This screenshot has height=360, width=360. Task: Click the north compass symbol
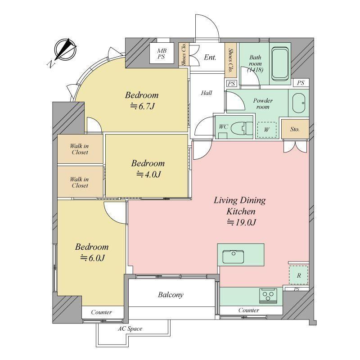click(65, 50)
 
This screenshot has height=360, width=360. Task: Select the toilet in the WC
click(242, 128)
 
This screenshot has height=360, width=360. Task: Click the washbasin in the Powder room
click(299, 103)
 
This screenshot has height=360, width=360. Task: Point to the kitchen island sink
click(233, 256)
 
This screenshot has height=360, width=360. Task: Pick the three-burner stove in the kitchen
click(268, 296)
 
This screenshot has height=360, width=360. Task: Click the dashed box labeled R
click(298, 275)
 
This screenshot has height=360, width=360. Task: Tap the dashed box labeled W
click(266, 130)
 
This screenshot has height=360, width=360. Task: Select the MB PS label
click(162, 54)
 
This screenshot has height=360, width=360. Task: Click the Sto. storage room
click(295, 129)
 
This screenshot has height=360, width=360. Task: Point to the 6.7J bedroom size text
click(143, 106)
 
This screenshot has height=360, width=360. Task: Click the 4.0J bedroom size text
click(148, 175)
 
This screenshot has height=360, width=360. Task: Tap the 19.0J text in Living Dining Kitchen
click(242, 222)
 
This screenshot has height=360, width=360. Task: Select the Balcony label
click(171, 295)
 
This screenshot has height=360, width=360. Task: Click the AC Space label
click(130, 329)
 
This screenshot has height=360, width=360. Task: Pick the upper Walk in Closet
click(80, 149)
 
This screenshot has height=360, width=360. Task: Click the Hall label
click(207, 93)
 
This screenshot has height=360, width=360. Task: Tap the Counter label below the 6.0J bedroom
click(102, 312)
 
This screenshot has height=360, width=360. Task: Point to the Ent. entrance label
click(210, 57)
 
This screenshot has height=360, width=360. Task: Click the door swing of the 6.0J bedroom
click(115, 212)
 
